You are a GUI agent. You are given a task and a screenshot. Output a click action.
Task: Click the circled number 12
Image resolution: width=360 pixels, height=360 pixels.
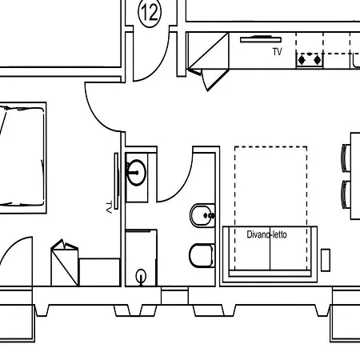[150, 12]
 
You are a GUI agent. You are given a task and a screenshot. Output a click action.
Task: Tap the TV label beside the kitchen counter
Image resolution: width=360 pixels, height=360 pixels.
[278, 52]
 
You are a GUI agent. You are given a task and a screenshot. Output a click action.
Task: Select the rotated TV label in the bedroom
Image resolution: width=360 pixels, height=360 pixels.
[109, 207]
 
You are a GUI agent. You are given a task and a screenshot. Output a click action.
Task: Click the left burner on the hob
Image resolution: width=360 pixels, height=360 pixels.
[302, 60]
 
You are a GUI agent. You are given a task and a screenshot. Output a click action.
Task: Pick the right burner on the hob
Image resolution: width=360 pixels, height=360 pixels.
[317, 60]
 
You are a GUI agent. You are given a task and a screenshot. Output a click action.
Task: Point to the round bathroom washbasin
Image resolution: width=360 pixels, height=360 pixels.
[136, 173]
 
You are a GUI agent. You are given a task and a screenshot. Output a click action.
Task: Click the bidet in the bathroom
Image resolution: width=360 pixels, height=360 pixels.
[202, 215]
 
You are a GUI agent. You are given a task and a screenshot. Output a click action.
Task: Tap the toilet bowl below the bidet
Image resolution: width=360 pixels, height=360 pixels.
[202, 255]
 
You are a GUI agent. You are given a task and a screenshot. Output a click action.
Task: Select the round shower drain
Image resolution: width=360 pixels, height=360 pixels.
[141, 276]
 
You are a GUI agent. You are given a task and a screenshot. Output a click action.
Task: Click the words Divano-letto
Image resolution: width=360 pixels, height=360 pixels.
[266, 234]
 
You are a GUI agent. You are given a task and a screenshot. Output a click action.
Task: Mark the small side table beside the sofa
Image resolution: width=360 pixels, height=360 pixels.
[326, 260]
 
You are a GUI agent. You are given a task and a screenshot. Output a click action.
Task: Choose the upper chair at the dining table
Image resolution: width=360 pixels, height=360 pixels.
[346, 158]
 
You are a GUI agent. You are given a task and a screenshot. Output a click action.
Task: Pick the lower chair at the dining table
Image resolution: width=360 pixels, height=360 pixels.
[346, 194]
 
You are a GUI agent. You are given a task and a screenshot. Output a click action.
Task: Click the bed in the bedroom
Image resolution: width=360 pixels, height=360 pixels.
[22, 158]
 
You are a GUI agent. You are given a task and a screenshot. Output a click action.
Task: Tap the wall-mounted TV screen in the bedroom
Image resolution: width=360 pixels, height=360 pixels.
[116, 181]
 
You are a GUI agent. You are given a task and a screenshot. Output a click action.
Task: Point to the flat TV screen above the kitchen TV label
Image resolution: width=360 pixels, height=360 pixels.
[261, 39]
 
